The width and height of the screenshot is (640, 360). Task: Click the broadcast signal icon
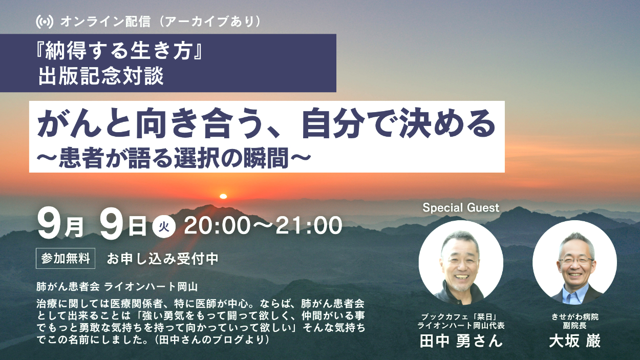[45, 22]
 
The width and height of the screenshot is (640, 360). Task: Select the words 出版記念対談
[101, 76]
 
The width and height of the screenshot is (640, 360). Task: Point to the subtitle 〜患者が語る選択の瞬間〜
[174, 158]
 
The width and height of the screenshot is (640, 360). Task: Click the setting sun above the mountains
[223, 196]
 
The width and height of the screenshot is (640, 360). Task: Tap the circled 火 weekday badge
[164, 227]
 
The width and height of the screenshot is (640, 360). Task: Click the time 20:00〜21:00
[263, 226]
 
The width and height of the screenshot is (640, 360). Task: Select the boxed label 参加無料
[66, 259]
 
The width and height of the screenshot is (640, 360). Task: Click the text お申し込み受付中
[163, 259]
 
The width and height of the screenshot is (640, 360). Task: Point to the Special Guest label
[461, 208]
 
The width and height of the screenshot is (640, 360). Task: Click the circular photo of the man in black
[461, 262]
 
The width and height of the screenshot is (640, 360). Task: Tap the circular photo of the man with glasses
[574, 262]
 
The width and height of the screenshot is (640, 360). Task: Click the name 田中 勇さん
[461, 341]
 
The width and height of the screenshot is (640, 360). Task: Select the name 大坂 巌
[574, 341]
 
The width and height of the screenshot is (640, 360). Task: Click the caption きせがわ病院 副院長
[574, 321]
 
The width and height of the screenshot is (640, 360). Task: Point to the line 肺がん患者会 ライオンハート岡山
[117, 287]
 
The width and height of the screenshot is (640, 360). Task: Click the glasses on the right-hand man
[575, 261]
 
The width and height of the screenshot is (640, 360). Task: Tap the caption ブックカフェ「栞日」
[461, 317]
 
